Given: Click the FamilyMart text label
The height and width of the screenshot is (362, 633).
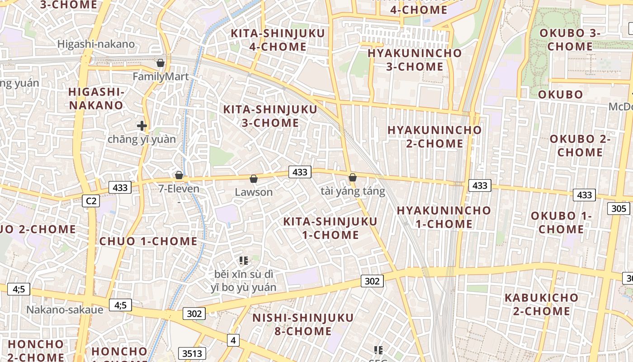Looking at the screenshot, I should coord(161,76).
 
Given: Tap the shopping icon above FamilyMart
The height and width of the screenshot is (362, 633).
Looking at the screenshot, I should coord(160,63).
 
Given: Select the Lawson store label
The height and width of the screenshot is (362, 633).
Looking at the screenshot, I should coord(254,192).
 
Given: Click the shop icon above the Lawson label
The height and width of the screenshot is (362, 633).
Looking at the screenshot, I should coord(254,179).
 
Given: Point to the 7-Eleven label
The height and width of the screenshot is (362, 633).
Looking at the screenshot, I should coord(179,189).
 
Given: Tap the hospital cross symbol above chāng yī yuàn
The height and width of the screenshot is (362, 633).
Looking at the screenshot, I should coord(142,126).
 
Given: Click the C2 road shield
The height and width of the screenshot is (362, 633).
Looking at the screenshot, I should coord(91,200).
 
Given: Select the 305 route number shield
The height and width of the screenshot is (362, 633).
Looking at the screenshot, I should coord(619,208).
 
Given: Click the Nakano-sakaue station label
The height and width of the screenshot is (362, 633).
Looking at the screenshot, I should coord(65,310).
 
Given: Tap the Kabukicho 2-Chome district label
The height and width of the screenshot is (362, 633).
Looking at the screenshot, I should coord(541,304).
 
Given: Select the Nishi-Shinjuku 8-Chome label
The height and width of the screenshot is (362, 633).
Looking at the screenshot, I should coord(303,324).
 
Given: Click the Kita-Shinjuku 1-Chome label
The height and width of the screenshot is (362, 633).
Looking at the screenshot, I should coord(330,228).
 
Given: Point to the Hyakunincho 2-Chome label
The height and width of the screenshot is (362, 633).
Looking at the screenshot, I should coord(435,137).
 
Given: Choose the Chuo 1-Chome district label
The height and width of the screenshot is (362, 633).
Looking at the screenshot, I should coord(148,241).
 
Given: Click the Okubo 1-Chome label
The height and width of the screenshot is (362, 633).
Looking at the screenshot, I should coord(561,222).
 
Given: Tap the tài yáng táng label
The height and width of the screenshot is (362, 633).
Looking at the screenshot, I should coord(353,191).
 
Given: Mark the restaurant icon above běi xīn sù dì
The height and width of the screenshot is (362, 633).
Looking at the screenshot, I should coord(244,260).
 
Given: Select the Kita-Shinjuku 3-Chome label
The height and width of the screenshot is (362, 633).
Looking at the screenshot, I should coord(270,116).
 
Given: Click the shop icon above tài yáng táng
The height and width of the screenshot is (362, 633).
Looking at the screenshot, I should coord(353,177).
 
